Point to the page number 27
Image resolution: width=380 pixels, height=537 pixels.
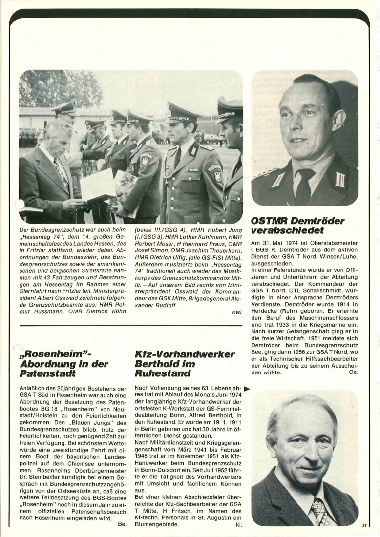pos(364,526)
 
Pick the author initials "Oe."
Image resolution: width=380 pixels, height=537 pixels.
pos(353,372)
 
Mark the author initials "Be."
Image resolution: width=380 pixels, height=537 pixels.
pos(122,524)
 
